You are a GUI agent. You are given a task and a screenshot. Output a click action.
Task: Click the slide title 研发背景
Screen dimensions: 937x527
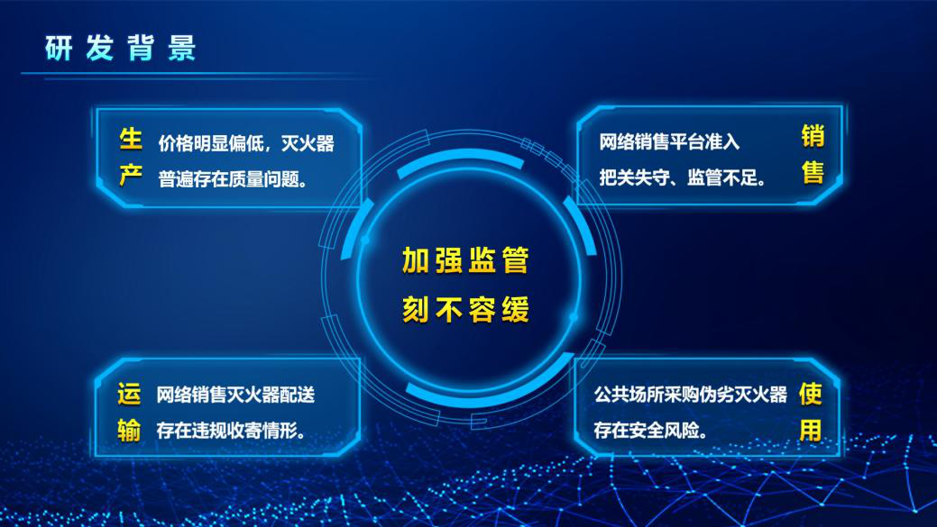coord(120,48)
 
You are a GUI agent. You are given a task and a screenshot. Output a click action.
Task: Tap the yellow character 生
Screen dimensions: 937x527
coord(130,139)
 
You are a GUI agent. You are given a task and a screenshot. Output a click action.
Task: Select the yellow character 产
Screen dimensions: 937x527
coord(130,176)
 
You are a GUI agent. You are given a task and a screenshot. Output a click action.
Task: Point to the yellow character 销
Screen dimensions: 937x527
coord(813,136)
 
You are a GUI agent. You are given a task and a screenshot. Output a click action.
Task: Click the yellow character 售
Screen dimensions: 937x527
coord(813,172)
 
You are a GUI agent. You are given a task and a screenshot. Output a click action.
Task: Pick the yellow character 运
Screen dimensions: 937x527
coord(129,394)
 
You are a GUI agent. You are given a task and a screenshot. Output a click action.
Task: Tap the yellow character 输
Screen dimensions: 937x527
coord(129,431)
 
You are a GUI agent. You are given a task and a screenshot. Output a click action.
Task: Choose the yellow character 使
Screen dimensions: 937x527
coord(811,394)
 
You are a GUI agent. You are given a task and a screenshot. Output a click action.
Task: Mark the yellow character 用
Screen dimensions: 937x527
coord(811,431)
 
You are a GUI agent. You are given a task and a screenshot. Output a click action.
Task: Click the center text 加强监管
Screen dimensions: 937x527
coord(465,260)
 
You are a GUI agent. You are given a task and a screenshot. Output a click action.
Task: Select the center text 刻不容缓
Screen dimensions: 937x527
coord(465,309)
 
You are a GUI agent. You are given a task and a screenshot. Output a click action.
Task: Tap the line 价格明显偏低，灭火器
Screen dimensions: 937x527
coord(246,143)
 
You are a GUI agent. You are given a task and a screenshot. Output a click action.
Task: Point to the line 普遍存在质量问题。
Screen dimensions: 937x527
coord(233,178)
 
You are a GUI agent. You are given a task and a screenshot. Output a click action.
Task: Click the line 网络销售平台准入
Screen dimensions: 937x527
coord(669,141)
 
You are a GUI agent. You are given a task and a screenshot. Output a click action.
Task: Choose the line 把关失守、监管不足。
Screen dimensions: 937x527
coord(683,177)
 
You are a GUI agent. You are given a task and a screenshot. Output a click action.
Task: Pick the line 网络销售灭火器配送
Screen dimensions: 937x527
coord(235,395)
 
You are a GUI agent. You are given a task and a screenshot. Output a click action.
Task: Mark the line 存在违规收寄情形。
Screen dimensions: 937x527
coord(231,430)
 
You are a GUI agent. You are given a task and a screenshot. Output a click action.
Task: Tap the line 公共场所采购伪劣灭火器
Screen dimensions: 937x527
coord(690,395)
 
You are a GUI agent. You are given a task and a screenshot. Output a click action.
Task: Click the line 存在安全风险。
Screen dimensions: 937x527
coord(651,430)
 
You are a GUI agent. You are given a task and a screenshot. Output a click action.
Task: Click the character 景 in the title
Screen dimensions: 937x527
coord(181,48)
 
